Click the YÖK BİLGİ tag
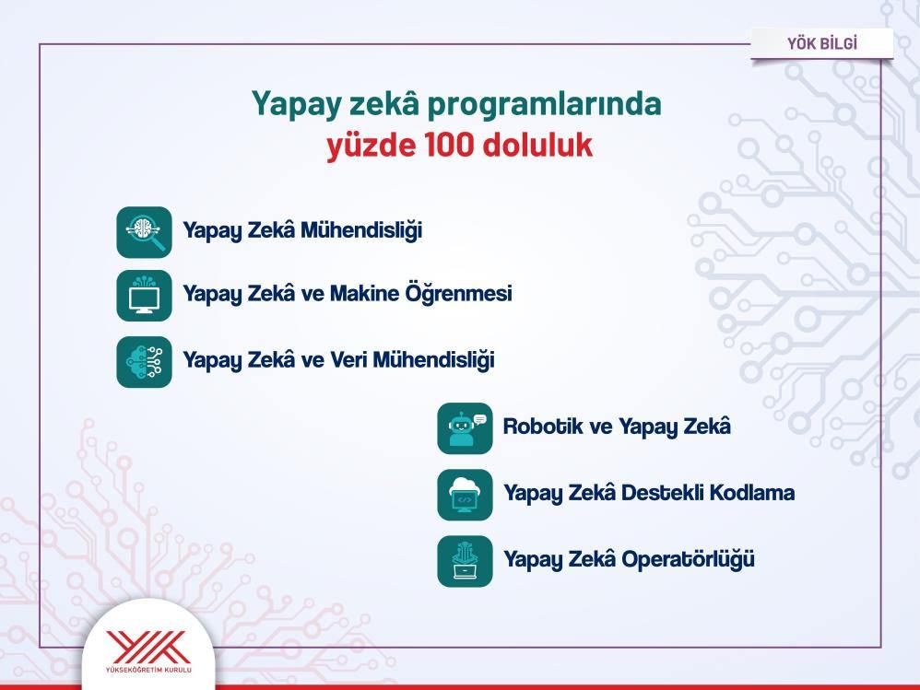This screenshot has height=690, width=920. [x=822, y=43]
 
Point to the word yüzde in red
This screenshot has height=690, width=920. [x=371, y=146]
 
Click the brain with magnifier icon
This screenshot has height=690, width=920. [x=145, y=232]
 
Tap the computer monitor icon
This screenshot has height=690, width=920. [x=145, y=296]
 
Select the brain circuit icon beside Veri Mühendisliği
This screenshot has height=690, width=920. [x=145, y=362]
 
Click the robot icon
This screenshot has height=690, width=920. [x=465, y=428]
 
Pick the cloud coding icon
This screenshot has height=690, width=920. [x=465, y=495]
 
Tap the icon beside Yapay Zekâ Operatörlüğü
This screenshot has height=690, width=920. [x=465, y=561]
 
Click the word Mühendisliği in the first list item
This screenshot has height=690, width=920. [x=361, y=230]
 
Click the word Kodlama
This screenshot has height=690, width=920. [x=752, y=493]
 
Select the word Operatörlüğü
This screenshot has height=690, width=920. [x=689, y=558]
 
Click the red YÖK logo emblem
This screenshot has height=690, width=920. [x=148, y=648]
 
